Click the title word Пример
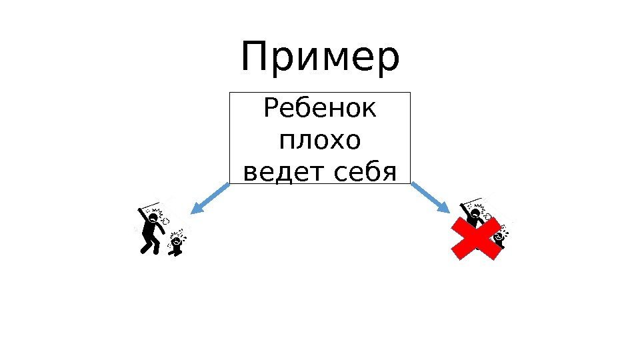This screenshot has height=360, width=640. click(x=320, y=59)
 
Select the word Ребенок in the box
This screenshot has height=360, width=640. click(x=320, y=108)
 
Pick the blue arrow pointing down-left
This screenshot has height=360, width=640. click(x=209, y=198)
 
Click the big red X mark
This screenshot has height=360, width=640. click(x=477, y=237)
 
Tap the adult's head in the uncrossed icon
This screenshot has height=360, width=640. click(x=153, y=217)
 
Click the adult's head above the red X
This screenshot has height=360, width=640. click(x=476, y=213)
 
